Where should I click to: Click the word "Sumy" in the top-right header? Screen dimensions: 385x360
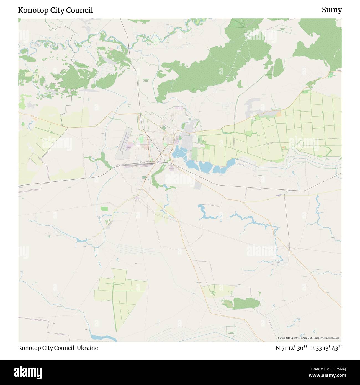click(x=331, y=10)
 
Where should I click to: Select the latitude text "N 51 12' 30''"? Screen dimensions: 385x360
click(x=291, y=348)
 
